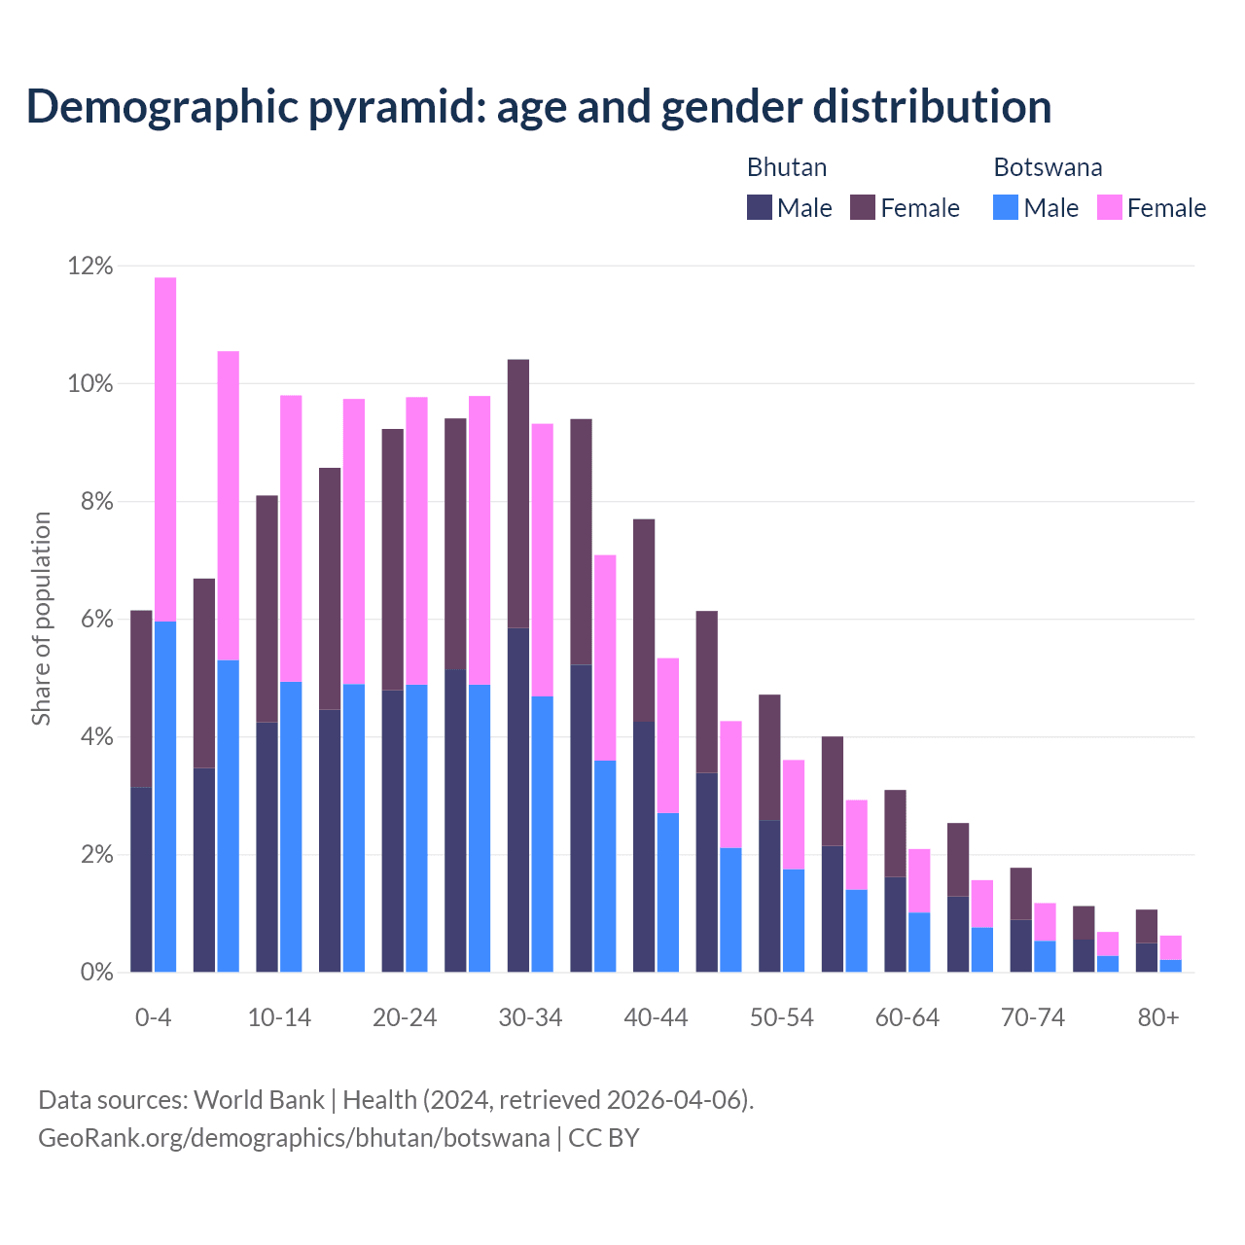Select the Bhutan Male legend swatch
coord(760,207)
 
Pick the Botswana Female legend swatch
coord(1110,207)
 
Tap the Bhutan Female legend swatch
coord(863,207)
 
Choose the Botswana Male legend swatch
coord(1006,207)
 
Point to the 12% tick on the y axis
coord(89,266)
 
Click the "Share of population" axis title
coord(41,619)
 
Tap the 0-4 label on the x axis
coord(153,1017)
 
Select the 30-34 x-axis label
coord(530,1017)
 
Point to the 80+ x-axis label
coord(1158,1017)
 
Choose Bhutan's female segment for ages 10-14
coord(267,609)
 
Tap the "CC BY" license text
coord(604,1138)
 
